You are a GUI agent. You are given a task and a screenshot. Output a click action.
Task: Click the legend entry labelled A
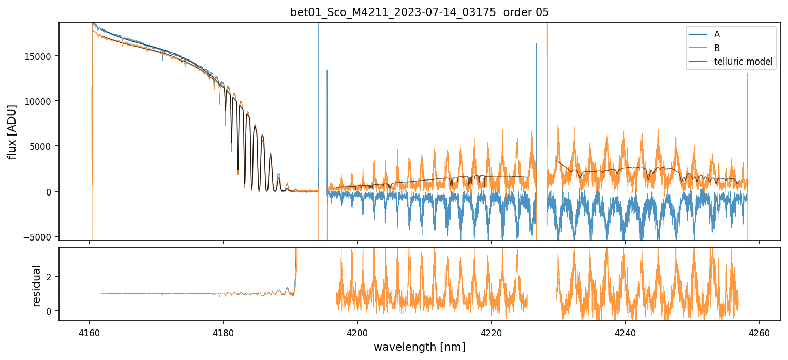pos(717,34)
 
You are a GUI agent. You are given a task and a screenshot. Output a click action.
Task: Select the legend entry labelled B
pos(717,48)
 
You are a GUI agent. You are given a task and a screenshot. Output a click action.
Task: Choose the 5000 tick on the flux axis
pos(44,146)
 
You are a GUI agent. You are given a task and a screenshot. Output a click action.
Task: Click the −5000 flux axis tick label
pos(42,237)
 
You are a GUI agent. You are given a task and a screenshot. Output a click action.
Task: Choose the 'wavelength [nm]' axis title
pos(419,347)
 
